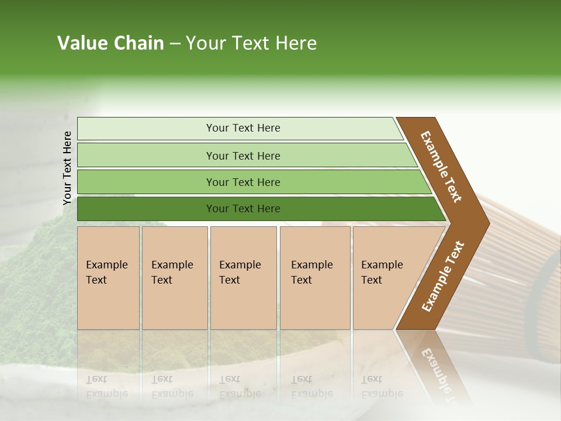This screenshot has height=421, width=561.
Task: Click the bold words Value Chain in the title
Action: point(110,43)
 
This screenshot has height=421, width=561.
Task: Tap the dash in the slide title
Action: point(175,44)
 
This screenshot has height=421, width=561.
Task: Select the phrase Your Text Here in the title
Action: point(251,43)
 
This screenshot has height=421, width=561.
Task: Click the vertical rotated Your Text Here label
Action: point(67,168)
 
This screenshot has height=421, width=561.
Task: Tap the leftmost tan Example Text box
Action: point(108,277)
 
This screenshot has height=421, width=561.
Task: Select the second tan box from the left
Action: point(174,277)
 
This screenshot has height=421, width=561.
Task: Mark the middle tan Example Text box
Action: point(243,277)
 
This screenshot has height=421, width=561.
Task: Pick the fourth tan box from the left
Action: point(315,277)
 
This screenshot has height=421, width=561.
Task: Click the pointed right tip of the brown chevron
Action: point(486,223)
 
